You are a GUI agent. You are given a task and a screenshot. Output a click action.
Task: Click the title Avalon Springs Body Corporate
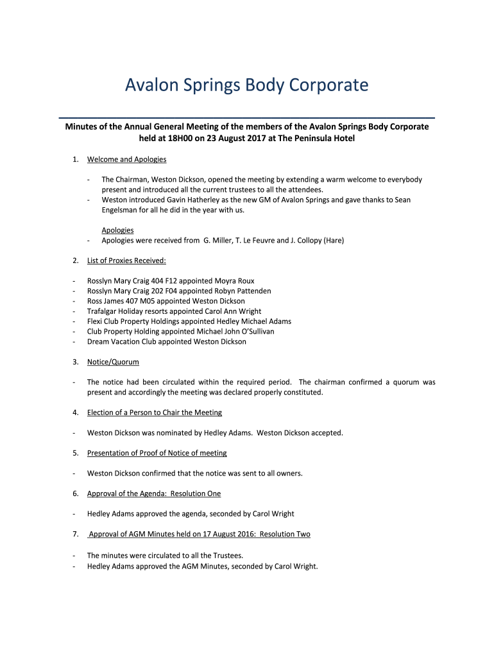(x=246, y=85)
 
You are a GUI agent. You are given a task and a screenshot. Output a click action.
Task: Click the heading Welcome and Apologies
(x=126, y=159)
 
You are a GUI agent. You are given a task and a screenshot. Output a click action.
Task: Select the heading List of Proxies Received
(x=126, y=260)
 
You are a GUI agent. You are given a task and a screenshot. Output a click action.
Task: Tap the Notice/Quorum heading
(x=113, y=362)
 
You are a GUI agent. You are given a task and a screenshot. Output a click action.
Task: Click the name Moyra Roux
(x=234, y=281)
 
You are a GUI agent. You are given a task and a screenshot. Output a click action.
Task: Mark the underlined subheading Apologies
(x=117, y=230)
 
